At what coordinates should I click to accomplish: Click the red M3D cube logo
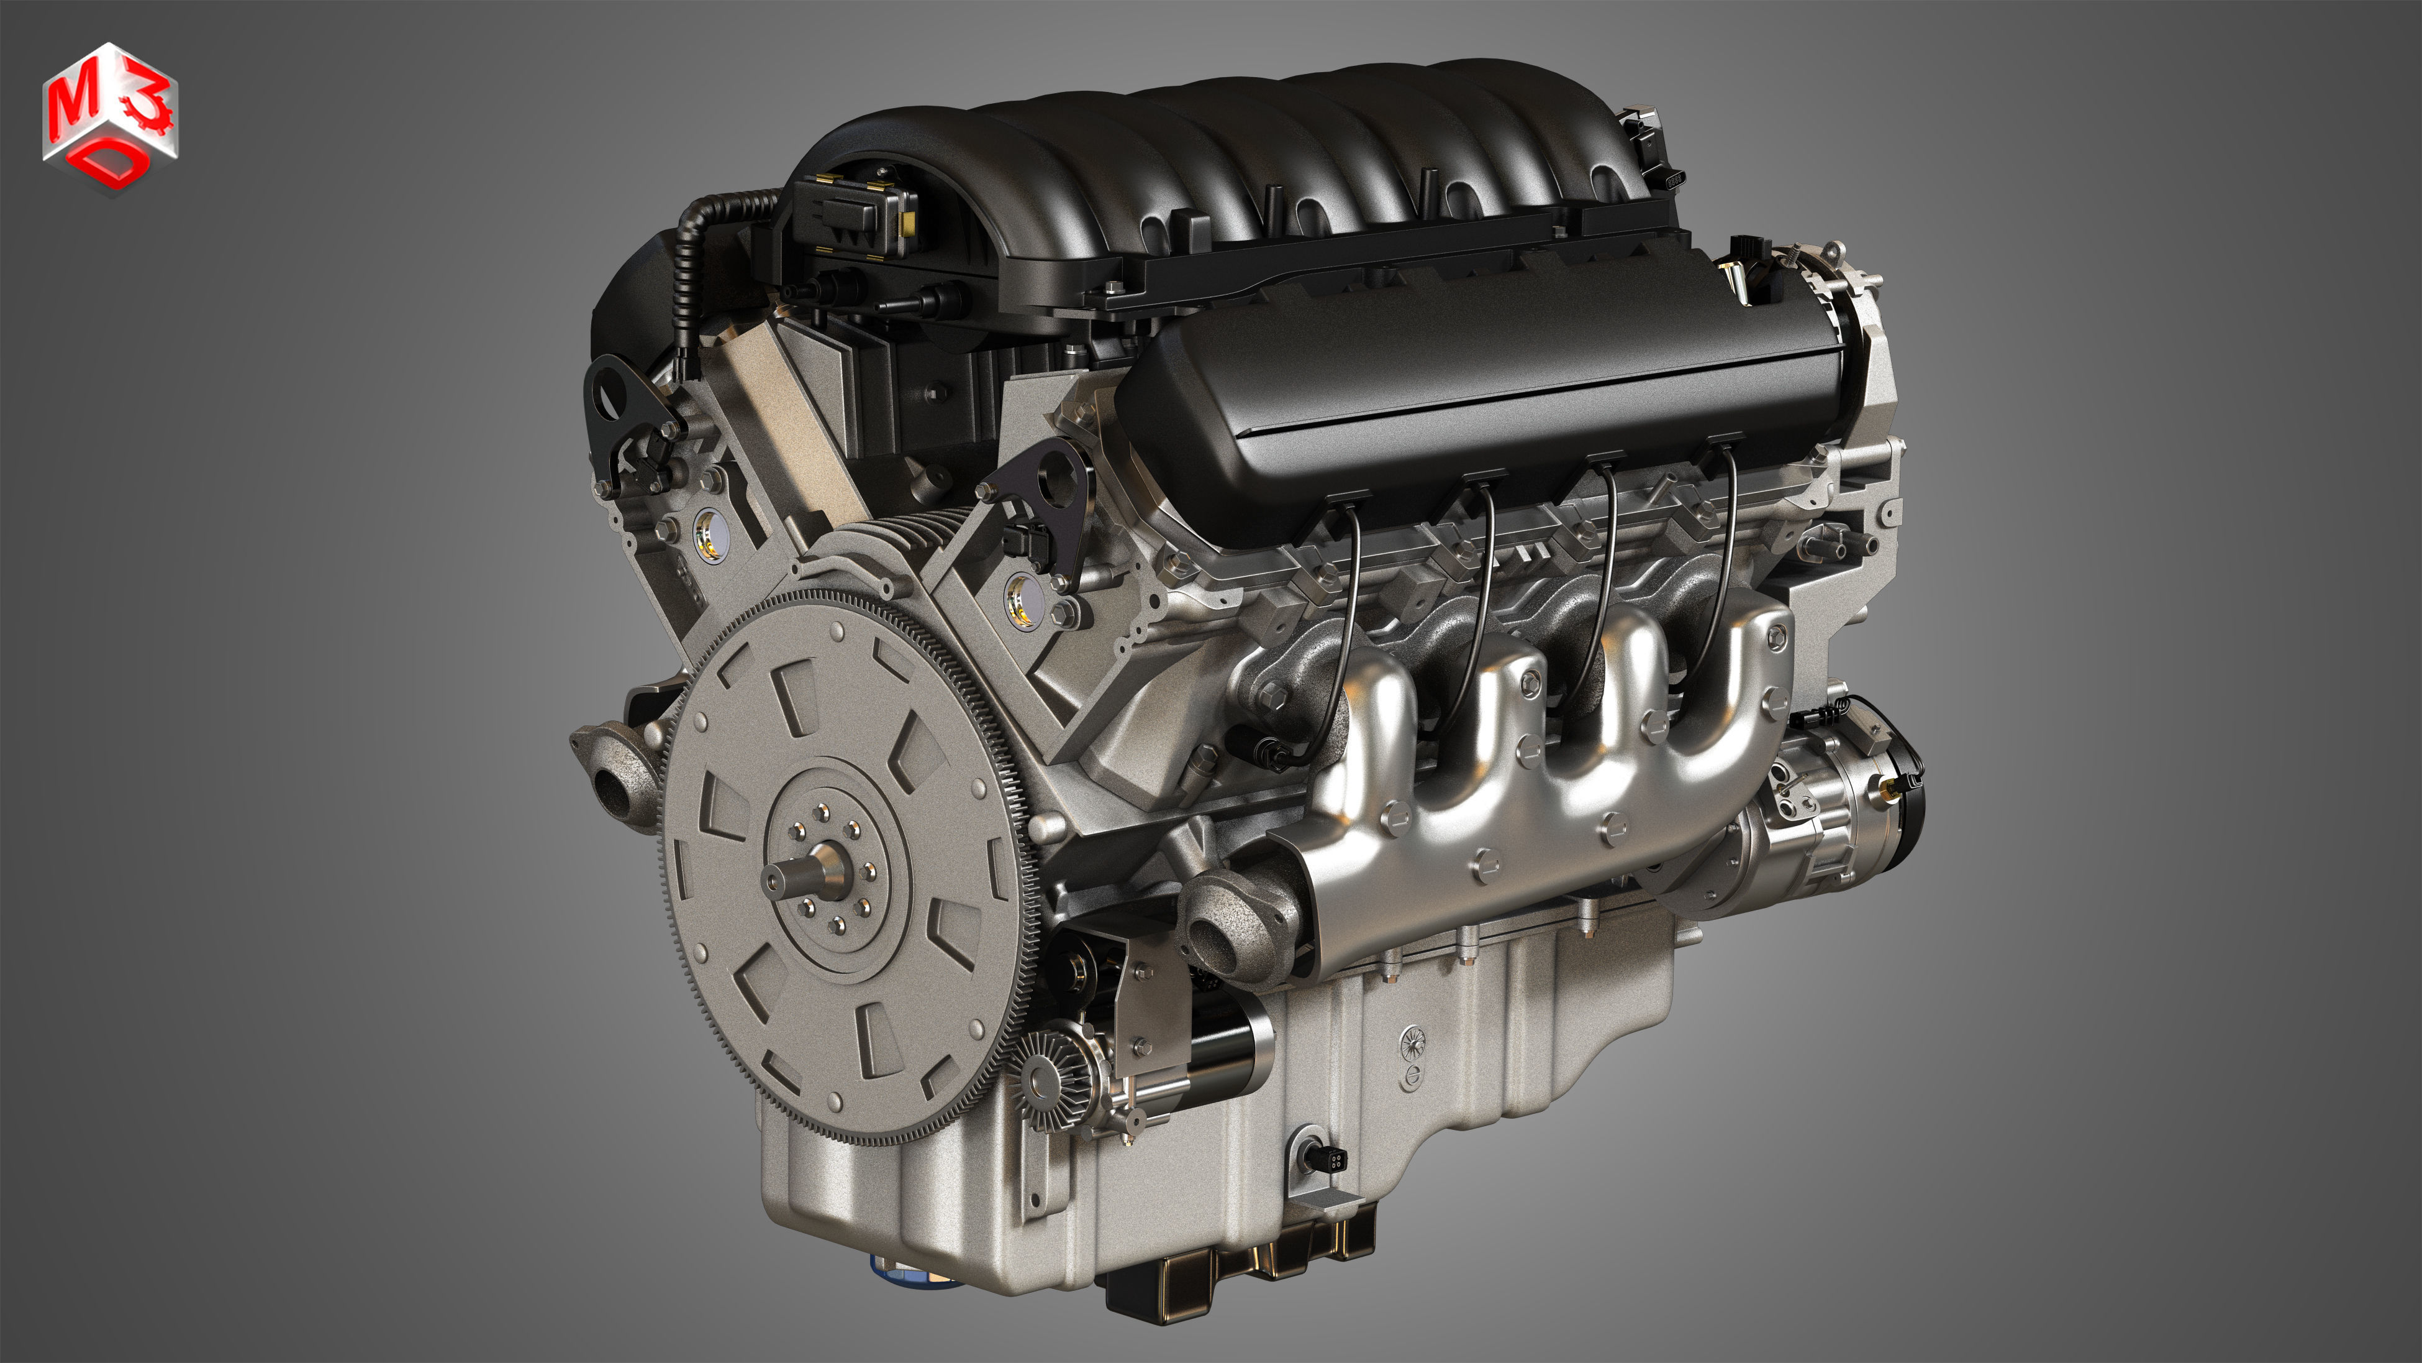click(x=109, y=117)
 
